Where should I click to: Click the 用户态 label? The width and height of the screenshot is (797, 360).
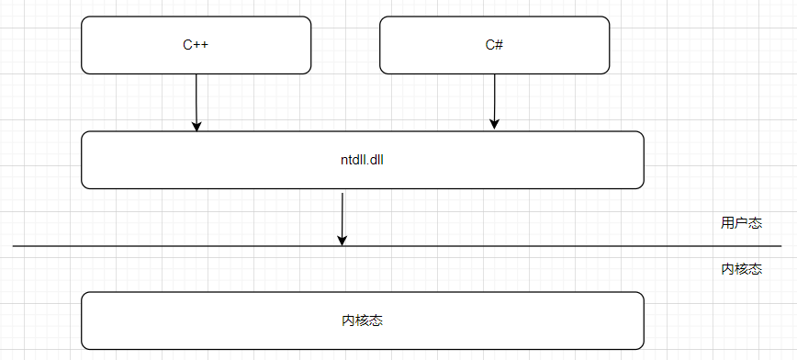point(741,223)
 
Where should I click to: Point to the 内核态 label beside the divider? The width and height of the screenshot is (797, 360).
point(741,269)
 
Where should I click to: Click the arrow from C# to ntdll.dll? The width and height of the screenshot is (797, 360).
point(495,99)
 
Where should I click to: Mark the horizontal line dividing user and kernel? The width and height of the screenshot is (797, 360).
point(551,246)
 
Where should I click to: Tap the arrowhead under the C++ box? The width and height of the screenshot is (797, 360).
point(196,126)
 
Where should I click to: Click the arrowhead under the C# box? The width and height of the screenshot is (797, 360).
point(495,124)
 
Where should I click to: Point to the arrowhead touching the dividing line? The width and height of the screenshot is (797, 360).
point(342,240)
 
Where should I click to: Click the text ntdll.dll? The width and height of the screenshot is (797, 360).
point(362,160)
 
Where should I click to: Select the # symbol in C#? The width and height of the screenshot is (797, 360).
point(499,45)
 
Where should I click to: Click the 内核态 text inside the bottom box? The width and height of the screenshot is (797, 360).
point(362,321)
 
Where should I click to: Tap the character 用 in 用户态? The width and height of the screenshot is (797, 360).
point(727,223)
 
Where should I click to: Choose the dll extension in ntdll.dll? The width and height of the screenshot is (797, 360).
point(375,160)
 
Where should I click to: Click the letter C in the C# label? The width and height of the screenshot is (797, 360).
point(489,45)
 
